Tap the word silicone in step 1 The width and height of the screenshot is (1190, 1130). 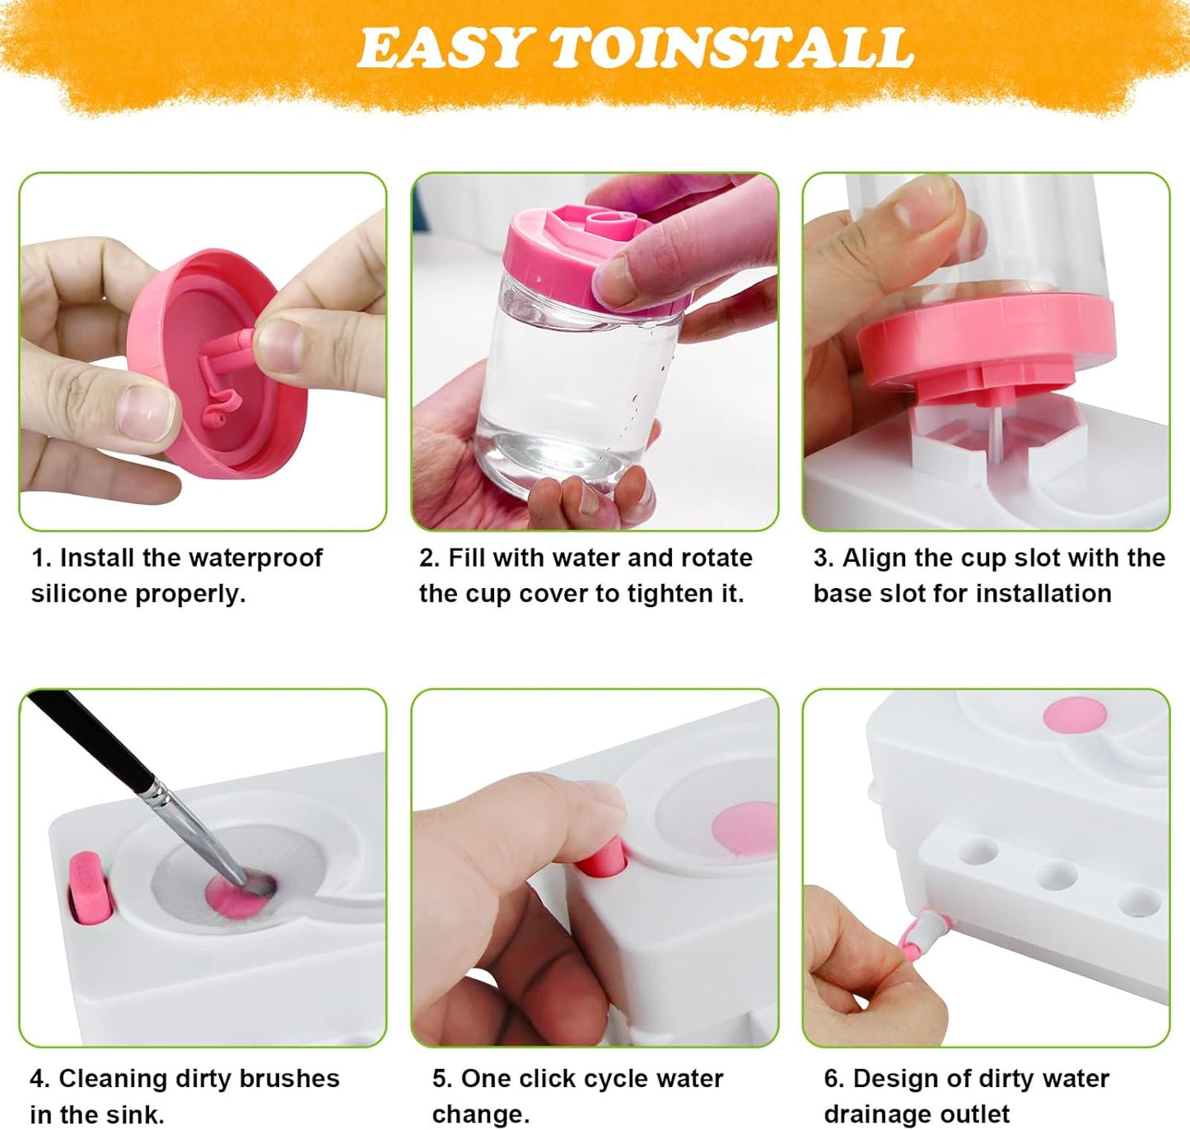[x=79, y=594]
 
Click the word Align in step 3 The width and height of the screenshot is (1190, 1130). [x=874, y=558]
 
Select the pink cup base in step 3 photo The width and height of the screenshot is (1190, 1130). [x=984, y=346]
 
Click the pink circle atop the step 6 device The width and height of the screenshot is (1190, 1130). [x=1075, y=715]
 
